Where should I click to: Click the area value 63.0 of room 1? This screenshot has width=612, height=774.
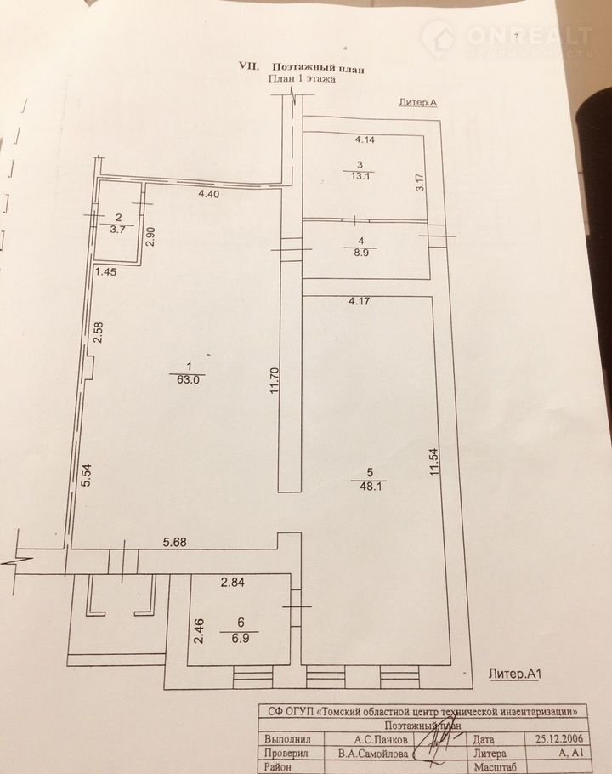click(x=190, y=380)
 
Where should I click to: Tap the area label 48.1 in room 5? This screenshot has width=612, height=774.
click(x=371, y=485)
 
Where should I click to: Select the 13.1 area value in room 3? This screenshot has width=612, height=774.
click(x=360, y=176)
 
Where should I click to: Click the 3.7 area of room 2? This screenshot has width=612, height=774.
click(x=117, y=229)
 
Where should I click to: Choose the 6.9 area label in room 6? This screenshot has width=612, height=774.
click(x=241, y=638)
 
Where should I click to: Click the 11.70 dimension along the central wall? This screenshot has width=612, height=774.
click(x=275, y=380)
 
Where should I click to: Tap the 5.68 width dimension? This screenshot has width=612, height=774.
click(x=175, y=542)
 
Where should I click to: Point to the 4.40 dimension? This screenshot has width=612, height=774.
click(x=208, y=194)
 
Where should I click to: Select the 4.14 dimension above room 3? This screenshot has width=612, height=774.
click(x=365, y=139)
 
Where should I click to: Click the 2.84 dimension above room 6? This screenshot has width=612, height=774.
click(x=233, y=583)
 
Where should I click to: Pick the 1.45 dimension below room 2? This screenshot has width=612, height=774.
click(x=106, y=271)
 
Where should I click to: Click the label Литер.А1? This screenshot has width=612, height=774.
click(x=515, y=674)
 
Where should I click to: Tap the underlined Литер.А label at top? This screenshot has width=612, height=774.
click(x=418, y=102)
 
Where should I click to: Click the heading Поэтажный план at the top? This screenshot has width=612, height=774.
click(x=319, y=68)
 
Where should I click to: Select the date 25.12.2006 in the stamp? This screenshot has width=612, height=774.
click(x=558, y=739)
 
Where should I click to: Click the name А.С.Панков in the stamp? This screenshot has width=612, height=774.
click(x=381, y=739)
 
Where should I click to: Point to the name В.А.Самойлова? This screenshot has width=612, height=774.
click(x=373, y=754)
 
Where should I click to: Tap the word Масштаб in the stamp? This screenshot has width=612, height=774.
click(x=495, y=768)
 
